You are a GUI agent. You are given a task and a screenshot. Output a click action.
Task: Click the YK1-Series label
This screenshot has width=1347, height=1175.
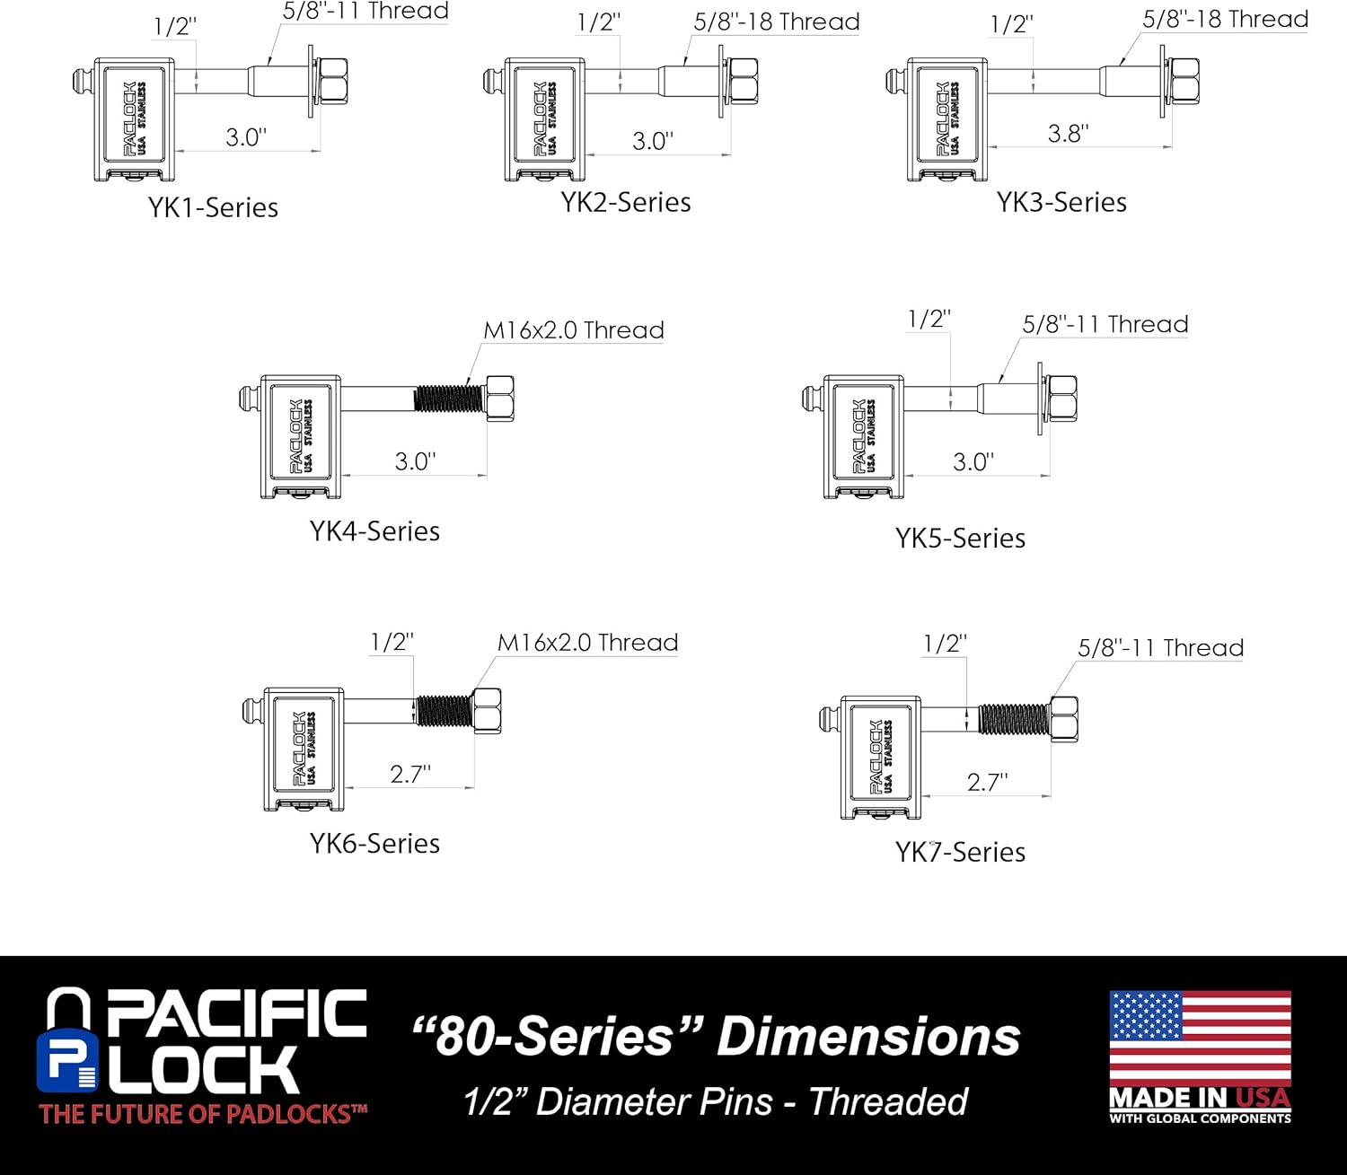coord(213,207)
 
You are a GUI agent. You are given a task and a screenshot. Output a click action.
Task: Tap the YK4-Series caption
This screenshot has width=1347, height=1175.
coord(374,531)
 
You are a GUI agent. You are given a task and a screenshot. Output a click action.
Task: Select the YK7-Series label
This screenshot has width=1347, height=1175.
coord(960,851)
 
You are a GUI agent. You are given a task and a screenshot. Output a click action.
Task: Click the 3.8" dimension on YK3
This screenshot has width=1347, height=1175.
coord(1068,133)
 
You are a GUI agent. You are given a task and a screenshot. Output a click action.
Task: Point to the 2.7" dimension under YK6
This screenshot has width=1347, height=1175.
coord(409,774)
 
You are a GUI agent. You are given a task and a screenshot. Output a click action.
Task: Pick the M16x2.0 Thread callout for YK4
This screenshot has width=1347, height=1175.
coord(573,330)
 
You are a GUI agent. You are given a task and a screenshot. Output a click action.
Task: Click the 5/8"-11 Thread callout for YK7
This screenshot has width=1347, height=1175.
coord(1160,647)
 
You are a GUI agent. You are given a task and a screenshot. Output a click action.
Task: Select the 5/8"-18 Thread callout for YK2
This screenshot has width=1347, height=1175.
coord(776,22)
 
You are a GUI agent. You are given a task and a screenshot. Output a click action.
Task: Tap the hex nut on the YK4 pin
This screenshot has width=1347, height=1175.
coord(499,398)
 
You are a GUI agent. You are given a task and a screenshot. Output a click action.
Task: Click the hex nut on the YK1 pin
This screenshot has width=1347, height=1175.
coord(333,80)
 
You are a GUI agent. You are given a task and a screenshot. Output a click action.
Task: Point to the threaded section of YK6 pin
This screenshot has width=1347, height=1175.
coord(443,711)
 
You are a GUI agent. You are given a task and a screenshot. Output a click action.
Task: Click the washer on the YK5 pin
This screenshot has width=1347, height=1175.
coord(1041,398)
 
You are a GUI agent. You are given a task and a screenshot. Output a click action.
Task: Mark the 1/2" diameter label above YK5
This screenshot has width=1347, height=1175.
coord(929,319)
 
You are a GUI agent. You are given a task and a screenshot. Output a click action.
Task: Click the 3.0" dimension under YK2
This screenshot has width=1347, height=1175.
coord(652,141)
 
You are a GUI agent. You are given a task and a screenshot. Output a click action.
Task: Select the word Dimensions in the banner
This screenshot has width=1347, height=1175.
coord(867,1036)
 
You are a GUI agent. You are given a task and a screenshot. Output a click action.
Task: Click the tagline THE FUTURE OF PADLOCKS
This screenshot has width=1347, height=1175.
coord(203,1114)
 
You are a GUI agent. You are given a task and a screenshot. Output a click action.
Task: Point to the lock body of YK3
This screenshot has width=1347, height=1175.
coord(946,118)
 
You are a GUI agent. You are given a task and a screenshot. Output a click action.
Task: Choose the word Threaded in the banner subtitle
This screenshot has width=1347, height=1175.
coord(888,1101)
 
